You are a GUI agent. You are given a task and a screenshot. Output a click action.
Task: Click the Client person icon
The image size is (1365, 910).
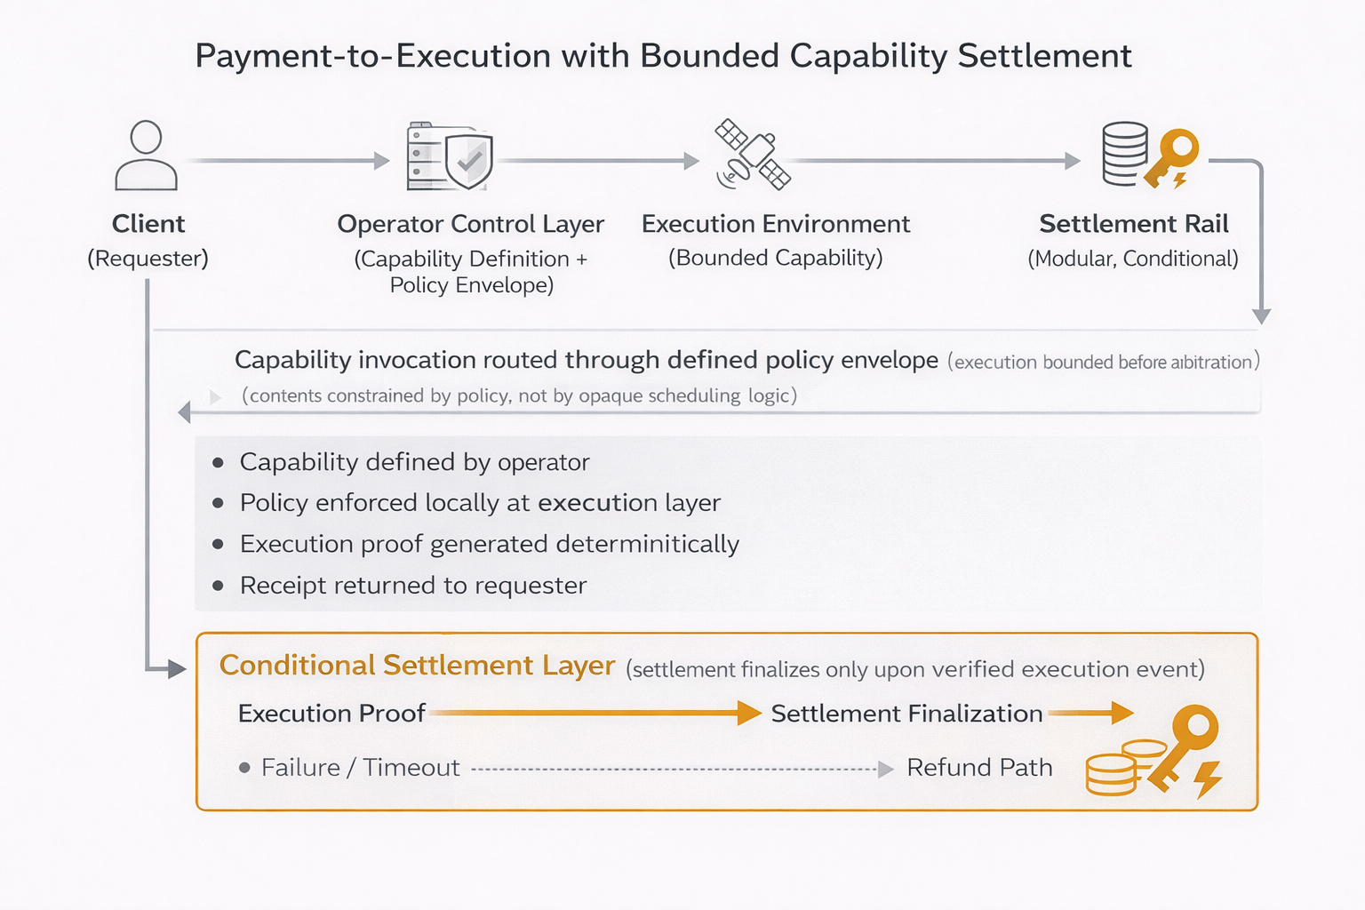point(147,156)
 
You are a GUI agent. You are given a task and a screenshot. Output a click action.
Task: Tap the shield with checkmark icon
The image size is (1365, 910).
point(469,161)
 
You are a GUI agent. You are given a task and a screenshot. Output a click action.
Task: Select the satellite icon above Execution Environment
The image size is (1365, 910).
point(753,156)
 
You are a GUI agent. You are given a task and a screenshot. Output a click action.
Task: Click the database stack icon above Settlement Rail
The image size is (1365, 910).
point(1124,153)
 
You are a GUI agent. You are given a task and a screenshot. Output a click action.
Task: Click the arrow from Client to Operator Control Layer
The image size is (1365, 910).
point(289,161)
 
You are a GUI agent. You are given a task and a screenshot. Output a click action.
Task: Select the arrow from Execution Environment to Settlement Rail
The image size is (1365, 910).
point(933,161)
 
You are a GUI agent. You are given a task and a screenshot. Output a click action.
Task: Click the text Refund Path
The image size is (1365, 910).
point(979,768)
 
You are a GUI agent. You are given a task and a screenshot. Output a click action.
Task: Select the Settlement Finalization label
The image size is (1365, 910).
point(906,714)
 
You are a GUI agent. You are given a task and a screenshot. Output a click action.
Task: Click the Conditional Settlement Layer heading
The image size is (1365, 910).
point(417,666)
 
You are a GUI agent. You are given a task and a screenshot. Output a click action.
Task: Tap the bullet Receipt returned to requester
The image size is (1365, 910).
point(413,586)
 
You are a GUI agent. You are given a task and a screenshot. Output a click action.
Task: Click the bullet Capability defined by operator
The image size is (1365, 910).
point(414,462)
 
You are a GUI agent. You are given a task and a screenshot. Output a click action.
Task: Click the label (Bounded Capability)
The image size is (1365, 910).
point(776,258)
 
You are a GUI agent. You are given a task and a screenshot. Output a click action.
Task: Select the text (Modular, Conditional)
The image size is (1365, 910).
point(1133,259)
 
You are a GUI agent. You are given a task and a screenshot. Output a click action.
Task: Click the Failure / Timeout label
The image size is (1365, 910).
point(360,768)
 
